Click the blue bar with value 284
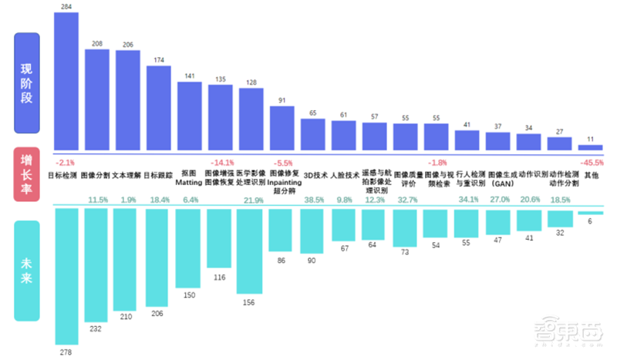coord(66,81)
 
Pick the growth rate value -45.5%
coord(592,163)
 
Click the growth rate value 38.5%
coord(314,200)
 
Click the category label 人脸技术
coord(345,175)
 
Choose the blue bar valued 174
coord(159,108)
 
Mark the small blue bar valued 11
coord(590,147)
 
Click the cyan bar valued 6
coord(590,213)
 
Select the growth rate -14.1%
coord(221,163)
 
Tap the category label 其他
coord(591,175)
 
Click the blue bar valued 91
coord(282,128)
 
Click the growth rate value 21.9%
coord(253,200)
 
